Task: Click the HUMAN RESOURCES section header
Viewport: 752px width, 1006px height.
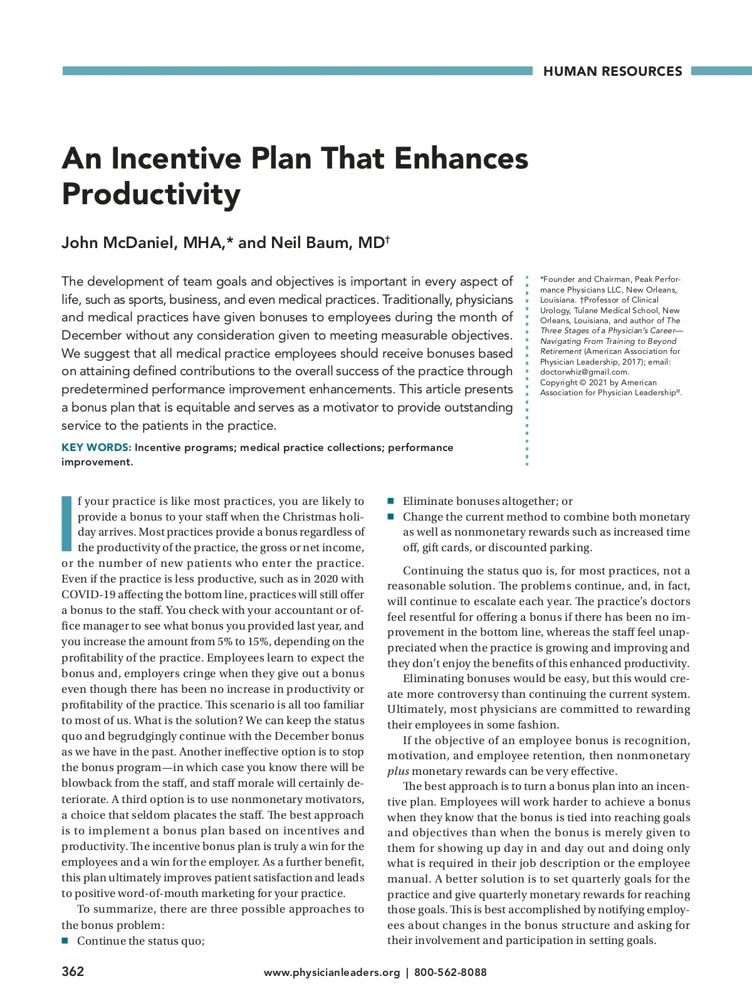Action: [x=612, y=71]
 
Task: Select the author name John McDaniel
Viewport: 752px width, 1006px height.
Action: [x=116, y=243]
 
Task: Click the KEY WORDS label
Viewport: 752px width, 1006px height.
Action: [x=96, y=447]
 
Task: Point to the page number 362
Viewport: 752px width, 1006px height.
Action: [x=73, y=972]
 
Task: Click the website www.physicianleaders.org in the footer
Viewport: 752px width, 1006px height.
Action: [x=332, y=972]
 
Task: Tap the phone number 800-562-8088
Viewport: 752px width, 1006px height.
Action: [x=450, y=972]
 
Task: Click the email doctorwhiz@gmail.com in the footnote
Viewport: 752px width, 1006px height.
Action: [x=583, y=371]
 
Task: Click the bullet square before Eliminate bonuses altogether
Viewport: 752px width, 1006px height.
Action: [x=390, y=501]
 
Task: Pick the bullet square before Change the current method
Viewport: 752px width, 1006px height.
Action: [x=390, y=517]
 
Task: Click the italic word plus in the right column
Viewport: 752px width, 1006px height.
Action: [x=398, y=771]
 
